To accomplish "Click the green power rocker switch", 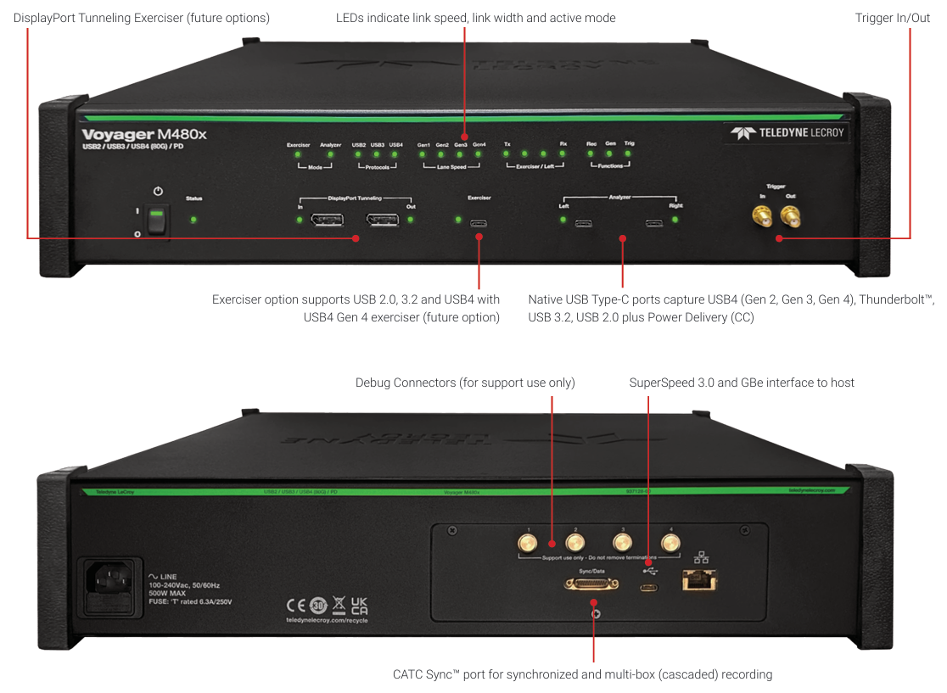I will pos(154,221).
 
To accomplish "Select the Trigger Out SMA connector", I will pos(790,220).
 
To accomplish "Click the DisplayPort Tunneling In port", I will pos(327,221).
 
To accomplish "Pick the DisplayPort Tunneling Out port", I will pos(383,221).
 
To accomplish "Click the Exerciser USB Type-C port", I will pos(479,223).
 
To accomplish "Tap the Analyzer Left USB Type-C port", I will pos(583,223).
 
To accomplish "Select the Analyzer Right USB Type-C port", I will pos(653,223).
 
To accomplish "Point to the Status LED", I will pos(194,220).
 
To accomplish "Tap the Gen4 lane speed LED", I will pos(479,154).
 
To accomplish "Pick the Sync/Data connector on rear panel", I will pos(591,585).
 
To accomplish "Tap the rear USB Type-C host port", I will pos(649,587).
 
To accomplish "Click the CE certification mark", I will pos(295,605).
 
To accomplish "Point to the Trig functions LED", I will pos(629,154).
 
